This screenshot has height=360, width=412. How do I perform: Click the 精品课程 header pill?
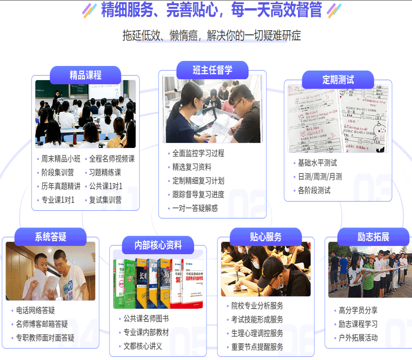pos(85,75)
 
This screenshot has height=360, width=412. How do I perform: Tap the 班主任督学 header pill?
pos(212,70)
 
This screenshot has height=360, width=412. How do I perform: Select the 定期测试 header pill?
pos(338,80)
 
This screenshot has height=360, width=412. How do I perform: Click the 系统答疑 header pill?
pos(50,237)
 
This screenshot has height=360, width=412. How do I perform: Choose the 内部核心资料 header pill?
pos(158,245)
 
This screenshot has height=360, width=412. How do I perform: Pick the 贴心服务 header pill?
pos(266,237)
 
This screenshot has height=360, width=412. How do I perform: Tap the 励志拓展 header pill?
pos(373,237)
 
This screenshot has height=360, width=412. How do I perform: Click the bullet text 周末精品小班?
pos(61,159)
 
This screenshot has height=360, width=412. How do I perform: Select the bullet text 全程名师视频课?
pos(112,159)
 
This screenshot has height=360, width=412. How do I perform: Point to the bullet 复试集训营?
pos(105,200)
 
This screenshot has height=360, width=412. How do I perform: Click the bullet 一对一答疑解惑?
pos(195,208)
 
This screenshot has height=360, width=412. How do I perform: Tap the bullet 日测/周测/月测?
pos(320,177)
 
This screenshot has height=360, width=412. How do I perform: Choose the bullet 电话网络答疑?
pos(35,311)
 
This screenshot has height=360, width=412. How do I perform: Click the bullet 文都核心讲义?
pos(143,346)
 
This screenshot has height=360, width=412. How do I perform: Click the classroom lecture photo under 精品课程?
pos(86,114)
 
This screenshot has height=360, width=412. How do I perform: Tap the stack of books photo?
pos(158,283)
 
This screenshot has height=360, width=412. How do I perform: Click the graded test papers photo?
pos(338,118)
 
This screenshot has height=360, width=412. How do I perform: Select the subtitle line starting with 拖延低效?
pos(211,35)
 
